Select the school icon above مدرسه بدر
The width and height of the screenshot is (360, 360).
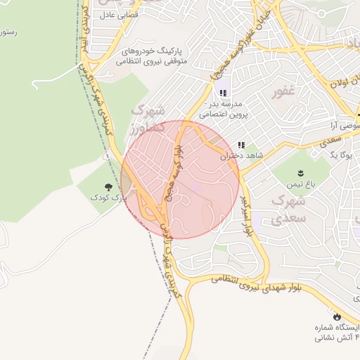click(223, 93)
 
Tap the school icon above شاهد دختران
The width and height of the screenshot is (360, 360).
click(241, 145)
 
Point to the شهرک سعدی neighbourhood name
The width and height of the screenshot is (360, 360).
click(288, 210)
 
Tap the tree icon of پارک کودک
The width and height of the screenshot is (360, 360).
click(108, 187)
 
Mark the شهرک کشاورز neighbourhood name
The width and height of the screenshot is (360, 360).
click(148, 118)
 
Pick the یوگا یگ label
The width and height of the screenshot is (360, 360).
click(340, 154)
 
